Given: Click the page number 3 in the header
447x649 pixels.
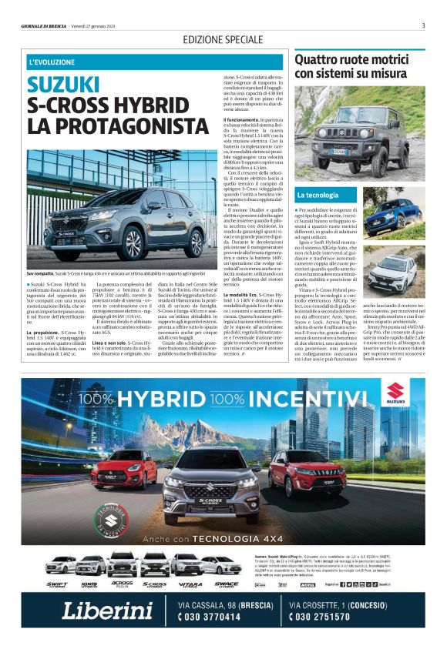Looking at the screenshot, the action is pyautogui.click(x=423, y=25).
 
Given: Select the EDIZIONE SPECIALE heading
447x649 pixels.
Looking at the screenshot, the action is pyautogui.click(x=223, y=39).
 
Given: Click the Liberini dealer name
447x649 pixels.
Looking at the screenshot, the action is pyautogui.click(x=107, y=611).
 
